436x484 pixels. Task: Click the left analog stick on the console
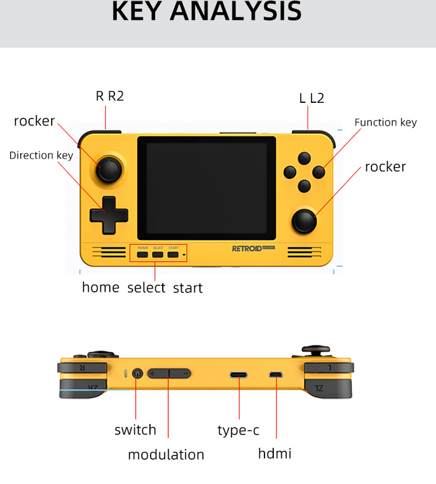pos(109,170)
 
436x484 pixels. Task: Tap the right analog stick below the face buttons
pos(304,221)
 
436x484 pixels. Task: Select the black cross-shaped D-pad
pos(109,215)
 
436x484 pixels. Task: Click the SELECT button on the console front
pos(157,255)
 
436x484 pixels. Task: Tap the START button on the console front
pos(173,255)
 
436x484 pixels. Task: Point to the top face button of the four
pos(304,159)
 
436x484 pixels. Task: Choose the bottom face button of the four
pos(304,186)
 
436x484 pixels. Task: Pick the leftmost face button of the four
pos(290,172)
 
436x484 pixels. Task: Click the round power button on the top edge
pos(137,374)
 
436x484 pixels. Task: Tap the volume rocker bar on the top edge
pos(169,374)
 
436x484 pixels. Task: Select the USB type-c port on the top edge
pos(239,374)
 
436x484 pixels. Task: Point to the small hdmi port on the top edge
pos(275,374)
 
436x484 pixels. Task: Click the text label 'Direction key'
pos(41,155)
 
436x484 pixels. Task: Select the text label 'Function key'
pos(386,122)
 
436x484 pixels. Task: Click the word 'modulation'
pos(166,454)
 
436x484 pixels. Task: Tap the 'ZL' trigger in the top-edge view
pos(328,389)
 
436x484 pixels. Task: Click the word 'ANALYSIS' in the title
pos(235,11)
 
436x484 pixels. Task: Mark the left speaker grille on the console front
pos(109,252)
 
